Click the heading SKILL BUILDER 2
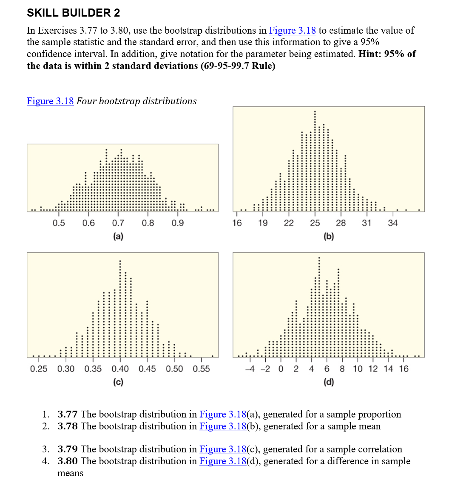73,13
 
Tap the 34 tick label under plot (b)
392,223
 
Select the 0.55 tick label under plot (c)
201,369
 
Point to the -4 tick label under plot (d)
250,369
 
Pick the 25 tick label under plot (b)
315,223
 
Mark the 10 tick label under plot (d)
358,369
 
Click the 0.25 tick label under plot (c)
39,369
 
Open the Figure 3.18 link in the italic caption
50,101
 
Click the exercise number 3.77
68,414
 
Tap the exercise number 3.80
68,461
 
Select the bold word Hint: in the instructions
371,54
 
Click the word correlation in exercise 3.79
378,449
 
